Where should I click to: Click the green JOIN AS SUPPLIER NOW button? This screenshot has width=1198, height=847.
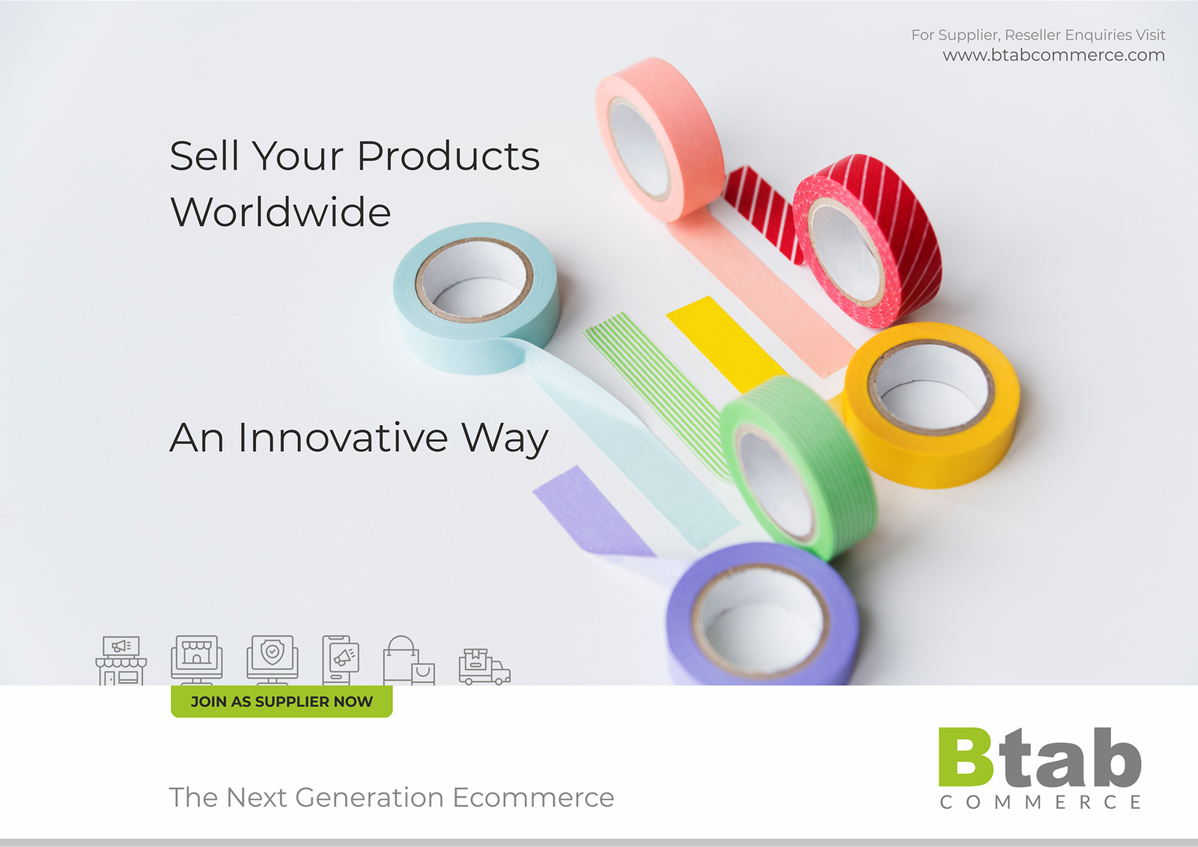[282, 701]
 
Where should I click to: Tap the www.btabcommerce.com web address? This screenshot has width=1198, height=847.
[1053, 55]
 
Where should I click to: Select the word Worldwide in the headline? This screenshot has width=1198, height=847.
[280, 212]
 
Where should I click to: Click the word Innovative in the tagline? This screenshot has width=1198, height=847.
[343, 438]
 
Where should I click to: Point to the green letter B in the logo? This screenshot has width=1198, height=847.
[965, 756]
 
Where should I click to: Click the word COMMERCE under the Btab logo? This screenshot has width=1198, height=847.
[1041, 802]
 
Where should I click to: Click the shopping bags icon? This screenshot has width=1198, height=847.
[409, 660]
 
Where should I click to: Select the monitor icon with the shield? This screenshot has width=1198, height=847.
[273, 659]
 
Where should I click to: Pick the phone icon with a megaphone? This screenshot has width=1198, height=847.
[341, 660]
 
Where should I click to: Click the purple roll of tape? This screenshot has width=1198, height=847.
[763, 614]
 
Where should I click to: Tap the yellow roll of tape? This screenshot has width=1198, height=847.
[931, 404]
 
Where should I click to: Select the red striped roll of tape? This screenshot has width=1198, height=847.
[867, 240]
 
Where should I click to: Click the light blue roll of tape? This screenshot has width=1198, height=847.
[476, 297]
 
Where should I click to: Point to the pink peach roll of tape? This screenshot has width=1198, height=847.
[660, 139]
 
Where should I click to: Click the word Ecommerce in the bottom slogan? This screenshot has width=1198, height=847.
[533, 798]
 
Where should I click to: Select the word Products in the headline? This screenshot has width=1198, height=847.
[449, 156]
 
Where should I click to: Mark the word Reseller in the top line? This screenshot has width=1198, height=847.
[1033, 34]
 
